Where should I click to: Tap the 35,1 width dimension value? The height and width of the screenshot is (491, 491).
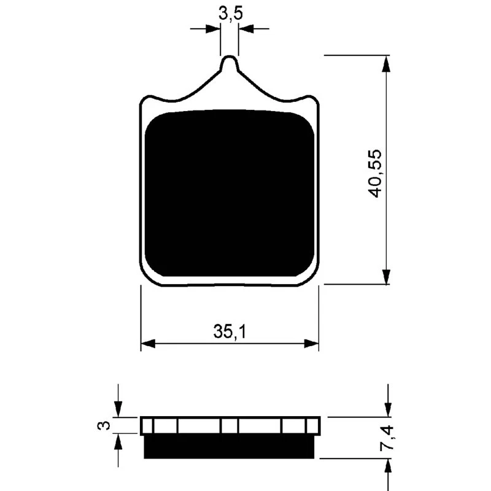pyautogui.click(x=230, y=332)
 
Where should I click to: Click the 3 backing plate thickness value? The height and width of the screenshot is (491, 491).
pyautogui.click(x=105, y=425)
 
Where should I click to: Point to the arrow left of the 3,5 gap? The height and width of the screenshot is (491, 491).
pyautogui.click(x=212, y=28)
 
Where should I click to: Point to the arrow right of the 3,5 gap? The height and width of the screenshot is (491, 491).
pyautogui.click(x=247, y=28)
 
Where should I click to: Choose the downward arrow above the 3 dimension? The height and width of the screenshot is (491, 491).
pyautogui.click(x=119, y=408)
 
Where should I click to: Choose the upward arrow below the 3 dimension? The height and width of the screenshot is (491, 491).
pyautogui.click(x=119, y=442)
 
